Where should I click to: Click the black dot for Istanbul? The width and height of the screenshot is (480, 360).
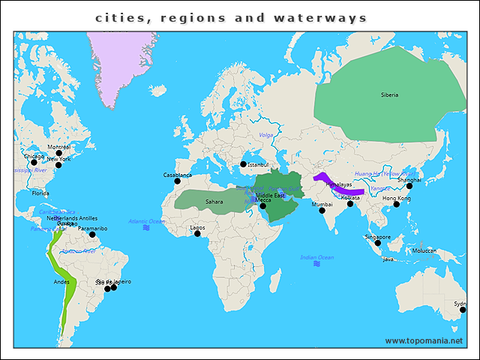click(243, 164)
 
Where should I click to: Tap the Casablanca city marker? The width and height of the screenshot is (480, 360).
click(178, 181)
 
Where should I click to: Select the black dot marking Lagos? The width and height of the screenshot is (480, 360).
click(197, 233)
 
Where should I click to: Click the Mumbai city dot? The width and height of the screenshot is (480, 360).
click(322, 211)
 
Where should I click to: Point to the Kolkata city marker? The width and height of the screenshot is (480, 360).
click(349, 204)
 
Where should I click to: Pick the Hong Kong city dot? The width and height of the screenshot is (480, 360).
click(396, 204)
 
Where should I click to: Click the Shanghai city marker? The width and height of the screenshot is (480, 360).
click(409, 186)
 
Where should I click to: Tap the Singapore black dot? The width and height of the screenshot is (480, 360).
click(378, 243)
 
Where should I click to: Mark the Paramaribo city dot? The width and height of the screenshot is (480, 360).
click(92, 234)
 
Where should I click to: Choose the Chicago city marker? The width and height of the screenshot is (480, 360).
click(34, 162)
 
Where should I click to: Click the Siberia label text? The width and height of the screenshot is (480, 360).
click(389, 94)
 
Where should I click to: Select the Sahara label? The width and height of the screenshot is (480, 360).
click(214, 202)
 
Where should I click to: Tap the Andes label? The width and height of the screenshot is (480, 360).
click(61, 282)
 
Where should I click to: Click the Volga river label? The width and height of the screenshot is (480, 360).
click(265, 135)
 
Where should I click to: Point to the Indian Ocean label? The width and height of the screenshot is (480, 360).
click(316, 257)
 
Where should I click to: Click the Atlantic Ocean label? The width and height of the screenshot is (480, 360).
click(146, 221)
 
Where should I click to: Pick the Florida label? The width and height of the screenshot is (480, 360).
click(40, 193)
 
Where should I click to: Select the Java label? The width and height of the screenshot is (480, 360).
click(388, 259)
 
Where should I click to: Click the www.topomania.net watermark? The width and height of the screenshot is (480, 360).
click(424, 340)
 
